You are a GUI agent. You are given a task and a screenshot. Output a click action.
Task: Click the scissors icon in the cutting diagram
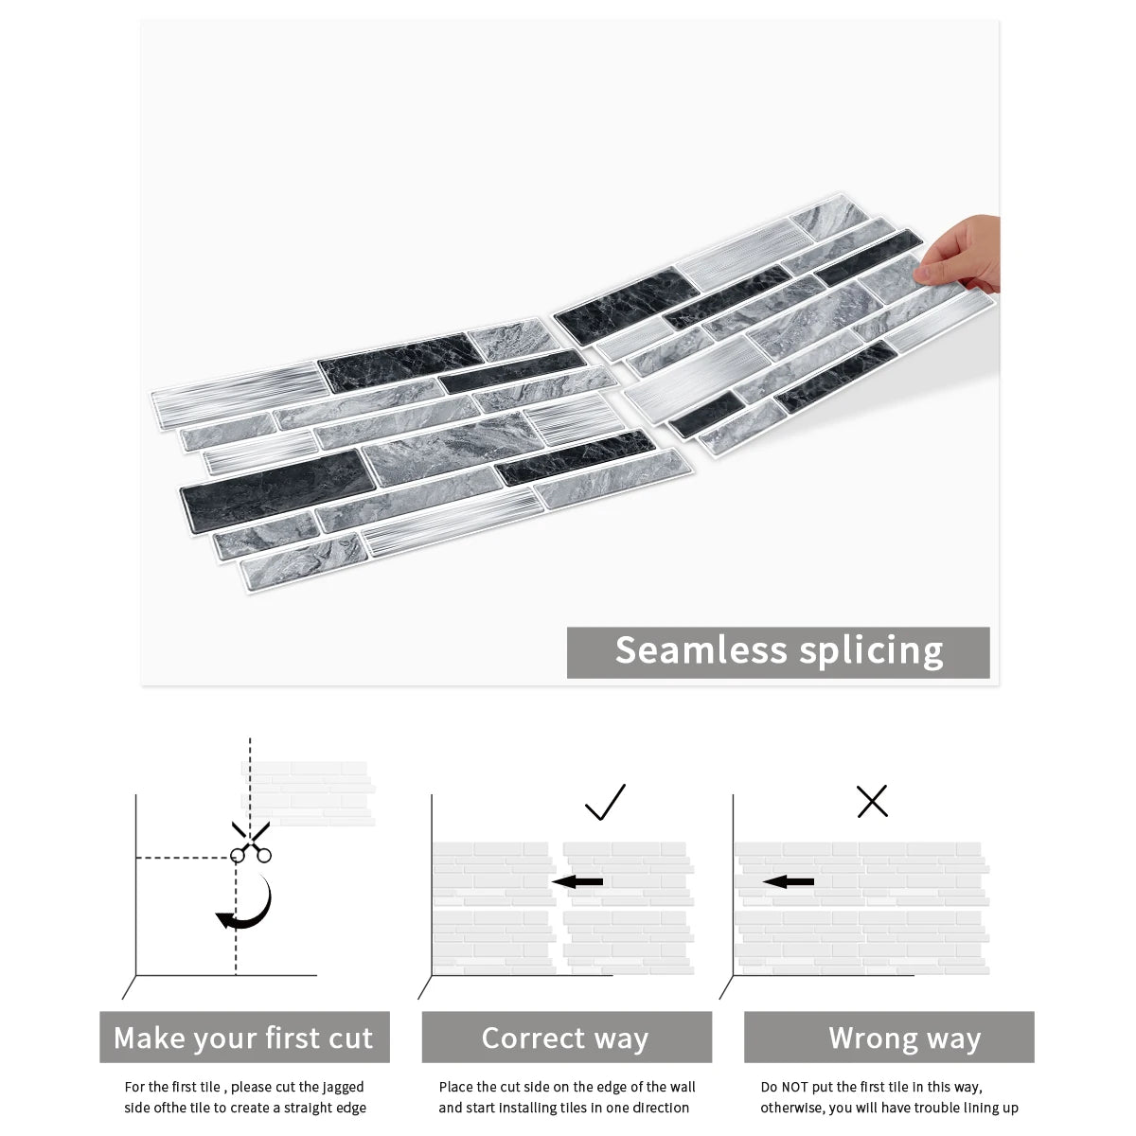tap(250, 843)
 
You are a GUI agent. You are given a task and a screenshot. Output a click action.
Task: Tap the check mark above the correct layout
tap(605, 802)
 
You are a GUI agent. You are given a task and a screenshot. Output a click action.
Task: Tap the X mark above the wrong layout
tap(872, 802)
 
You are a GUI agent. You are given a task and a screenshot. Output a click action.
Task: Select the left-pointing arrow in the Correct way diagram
tap(577, 882)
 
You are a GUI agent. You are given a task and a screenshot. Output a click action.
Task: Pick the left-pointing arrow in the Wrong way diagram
tap(789, 882)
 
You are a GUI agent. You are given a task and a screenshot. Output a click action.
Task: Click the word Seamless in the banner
tap(701, 651)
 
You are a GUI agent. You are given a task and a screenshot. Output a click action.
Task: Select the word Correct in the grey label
tap(534, 1038)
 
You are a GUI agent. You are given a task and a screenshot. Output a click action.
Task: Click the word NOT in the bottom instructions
tap(800, 1088)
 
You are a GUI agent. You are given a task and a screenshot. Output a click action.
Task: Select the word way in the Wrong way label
tap(952, 1038)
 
